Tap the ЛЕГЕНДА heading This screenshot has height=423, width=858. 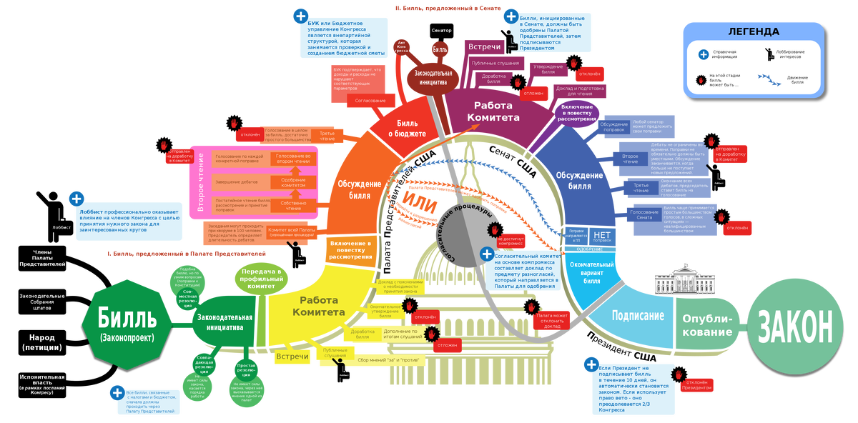(754, 31)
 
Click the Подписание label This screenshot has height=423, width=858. (638, 315)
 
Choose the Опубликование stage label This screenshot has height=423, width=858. (708, 325)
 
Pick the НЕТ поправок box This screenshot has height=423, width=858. (602, 237)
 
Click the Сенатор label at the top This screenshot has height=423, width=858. (442, 31)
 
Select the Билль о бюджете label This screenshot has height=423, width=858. (407, 129)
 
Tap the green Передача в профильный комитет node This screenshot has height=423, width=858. (261, 277)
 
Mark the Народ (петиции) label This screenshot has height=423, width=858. (41, 342)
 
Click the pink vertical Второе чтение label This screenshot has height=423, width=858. (201, 183)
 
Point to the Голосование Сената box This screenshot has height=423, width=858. (644, 214)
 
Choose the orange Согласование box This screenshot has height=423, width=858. (370, 101)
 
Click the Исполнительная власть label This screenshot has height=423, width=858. (41, 379)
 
